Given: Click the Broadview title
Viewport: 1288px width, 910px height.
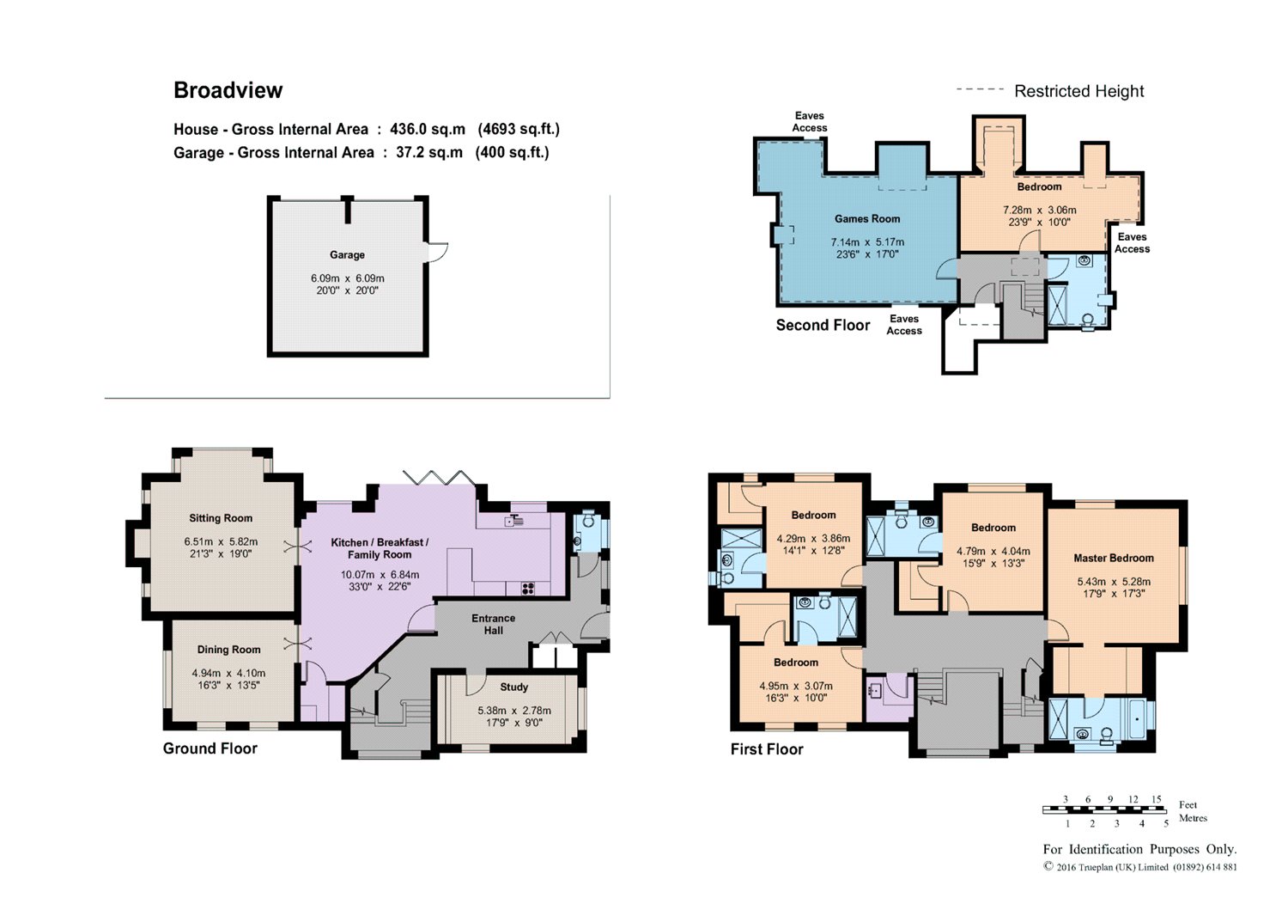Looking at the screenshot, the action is click(x=228, y=90).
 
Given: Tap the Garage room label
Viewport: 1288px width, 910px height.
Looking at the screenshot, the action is click(x=347, y=254).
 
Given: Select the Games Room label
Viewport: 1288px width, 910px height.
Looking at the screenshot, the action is click(x=867, y=219).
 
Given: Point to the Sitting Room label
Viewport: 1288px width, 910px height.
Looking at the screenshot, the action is click(x=221, y=518).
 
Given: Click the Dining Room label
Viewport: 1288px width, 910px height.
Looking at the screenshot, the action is click(x=229, y=650).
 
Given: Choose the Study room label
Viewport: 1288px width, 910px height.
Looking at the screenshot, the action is click(x=513, y=687).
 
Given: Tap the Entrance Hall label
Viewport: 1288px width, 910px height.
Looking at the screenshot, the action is click(x=494, y=624).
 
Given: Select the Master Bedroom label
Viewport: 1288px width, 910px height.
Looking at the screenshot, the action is click(x=1114, y=558).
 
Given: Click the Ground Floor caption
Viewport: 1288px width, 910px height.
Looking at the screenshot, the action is click(x=210, y=748).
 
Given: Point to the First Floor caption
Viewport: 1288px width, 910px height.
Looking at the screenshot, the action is click(x=767, y=748).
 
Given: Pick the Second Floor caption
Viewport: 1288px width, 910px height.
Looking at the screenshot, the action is click(x=823, y=325).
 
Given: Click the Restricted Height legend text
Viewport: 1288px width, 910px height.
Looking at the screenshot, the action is click(x=1078, y=91).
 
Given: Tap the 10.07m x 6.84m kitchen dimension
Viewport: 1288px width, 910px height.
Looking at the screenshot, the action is click(x=380, y=574).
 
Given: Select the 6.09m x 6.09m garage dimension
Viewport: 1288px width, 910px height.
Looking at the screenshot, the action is click(x=347, y=278).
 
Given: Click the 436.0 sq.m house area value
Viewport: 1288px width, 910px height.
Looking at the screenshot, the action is click(x=428, y=129).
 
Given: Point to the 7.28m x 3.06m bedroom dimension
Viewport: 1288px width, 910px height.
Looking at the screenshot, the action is click(x=1040, y=210).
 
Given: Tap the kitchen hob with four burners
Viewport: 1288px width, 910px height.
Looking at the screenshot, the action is click(x=527, y=589).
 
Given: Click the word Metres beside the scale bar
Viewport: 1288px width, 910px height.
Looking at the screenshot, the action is click(x=1194, y=818).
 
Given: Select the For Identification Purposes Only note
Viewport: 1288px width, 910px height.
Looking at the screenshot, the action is click(x=1139, y=849).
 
